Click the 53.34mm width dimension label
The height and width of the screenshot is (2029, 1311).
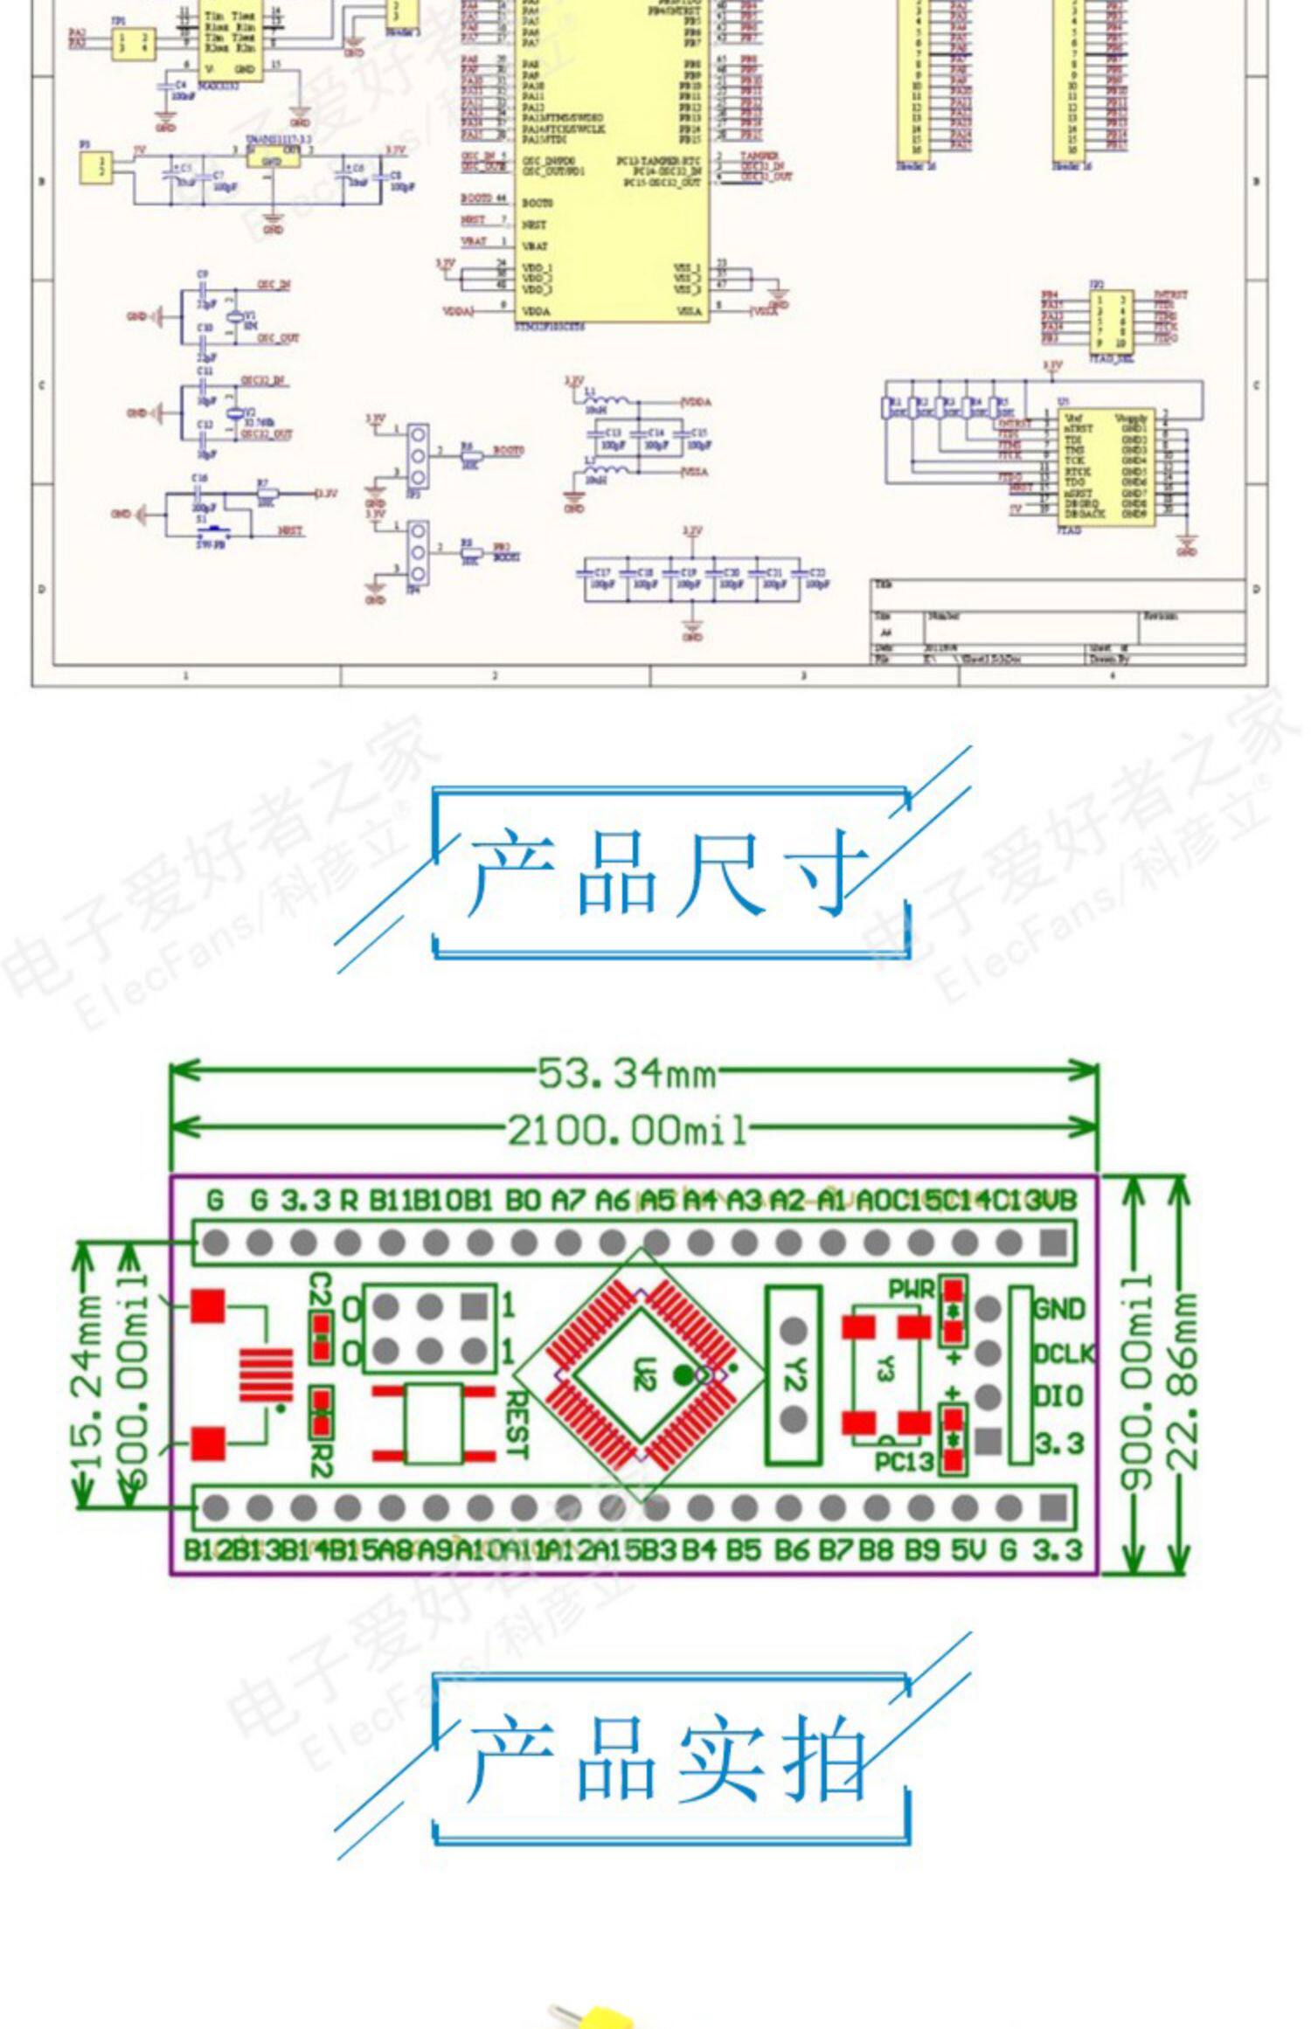(x=627, y=1074)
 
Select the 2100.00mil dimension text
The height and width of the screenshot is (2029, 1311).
(x=627, y=1131)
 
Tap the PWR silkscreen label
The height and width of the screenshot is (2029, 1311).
(x=912, y=1289)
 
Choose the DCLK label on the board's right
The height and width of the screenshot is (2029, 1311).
(x=1064, y=1354)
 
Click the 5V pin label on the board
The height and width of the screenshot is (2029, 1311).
(x=968, y=1551)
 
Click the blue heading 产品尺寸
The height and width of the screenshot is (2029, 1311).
(x=669, y=872)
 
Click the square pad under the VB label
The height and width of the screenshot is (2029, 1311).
(x=1054, y=1242)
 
